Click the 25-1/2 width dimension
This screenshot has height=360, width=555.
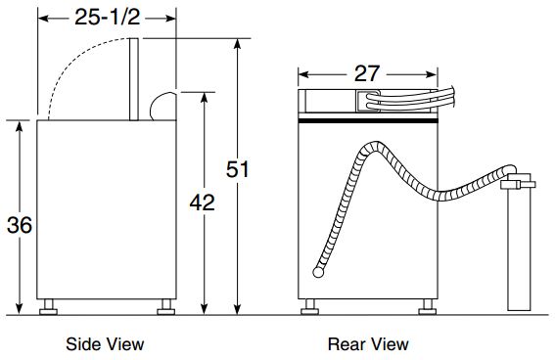pyautogui.click(x=108, y=17)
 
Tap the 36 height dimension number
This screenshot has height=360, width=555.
pyautogui.click(x=20, y=225)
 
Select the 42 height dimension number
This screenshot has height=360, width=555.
pyautogui.click(x=202, y=202)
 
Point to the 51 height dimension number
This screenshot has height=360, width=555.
pyautogui.click(x=238, y=169)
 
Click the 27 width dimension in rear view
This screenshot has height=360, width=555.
pyautogui.click(x=367, y=73)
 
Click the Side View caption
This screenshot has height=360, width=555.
pyautogui.click(x=105, y=344)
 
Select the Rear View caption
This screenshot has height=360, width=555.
pyautogui.click(x=368, y=344)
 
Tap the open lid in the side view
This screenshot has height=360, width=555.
pyautogui.click(x=134, y=79)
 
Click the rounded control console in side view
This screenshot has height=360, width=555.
pyautogui.click(x=163, y=106)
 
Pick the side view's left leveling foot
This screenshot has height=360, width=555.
pyautogui.click(x=49, y=307)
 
